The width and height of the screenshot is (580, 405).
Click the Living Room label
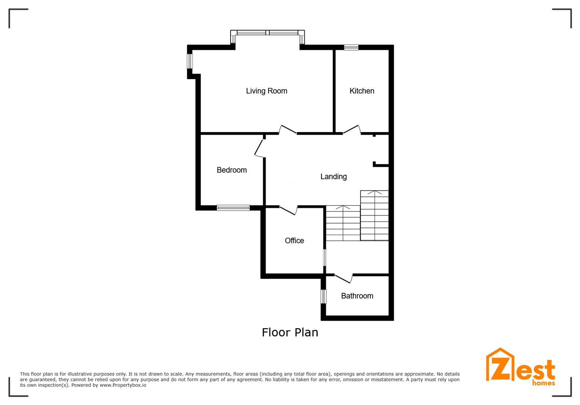tap(266, 91)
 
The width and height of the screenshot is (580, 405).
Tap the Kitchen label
tap(362, 91)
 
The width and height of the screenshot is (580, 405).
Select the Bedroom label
tap(231, 170)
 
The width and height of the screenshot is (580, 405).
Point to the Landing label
tap(334, 177)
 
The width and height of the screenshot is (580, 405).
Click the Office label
tap(294, 241)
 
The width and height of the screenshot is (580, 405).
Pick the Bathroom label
tap(357, 296)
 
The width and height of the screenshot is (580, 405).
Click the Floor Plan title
tap(290, 332)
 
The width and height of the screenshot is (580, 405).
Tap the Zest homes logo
tap(521, 367)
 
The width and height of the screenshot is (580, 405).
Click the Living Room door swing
tap(288, 129)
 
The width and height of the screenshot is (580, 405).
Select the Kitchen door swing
tap(352, 129)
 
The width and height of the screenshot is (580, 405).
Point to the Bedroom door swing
tap(259, 148)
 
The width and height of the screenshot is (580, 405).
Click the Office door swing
tap(288, 210)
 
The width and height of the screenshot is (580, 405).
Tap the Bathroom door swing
tap(344, 278)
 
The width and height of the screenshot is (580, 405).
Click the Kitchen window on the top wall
tap(351, 47)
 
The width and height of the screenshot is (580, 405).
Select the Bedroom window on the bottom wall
tap(233, 208)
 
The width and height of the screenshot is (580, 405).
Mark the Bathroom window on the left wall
tap(323, 297)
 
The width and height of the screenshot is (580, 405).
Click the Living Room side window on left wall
tap(190, 61)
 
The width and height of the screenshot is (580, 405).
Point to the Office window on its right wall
tap(325, 257)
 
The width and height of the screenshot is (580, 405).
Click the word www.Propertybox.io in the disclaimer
tap(123, 385)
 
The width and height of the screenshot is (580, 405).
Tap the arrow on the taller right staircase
tap(375, 192)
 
